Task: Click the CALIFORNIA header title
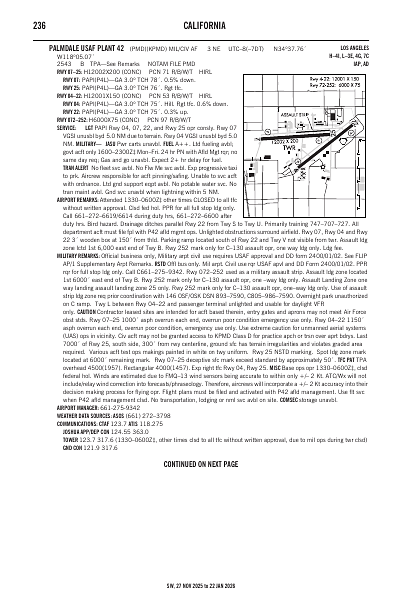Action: click(202, 25)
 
